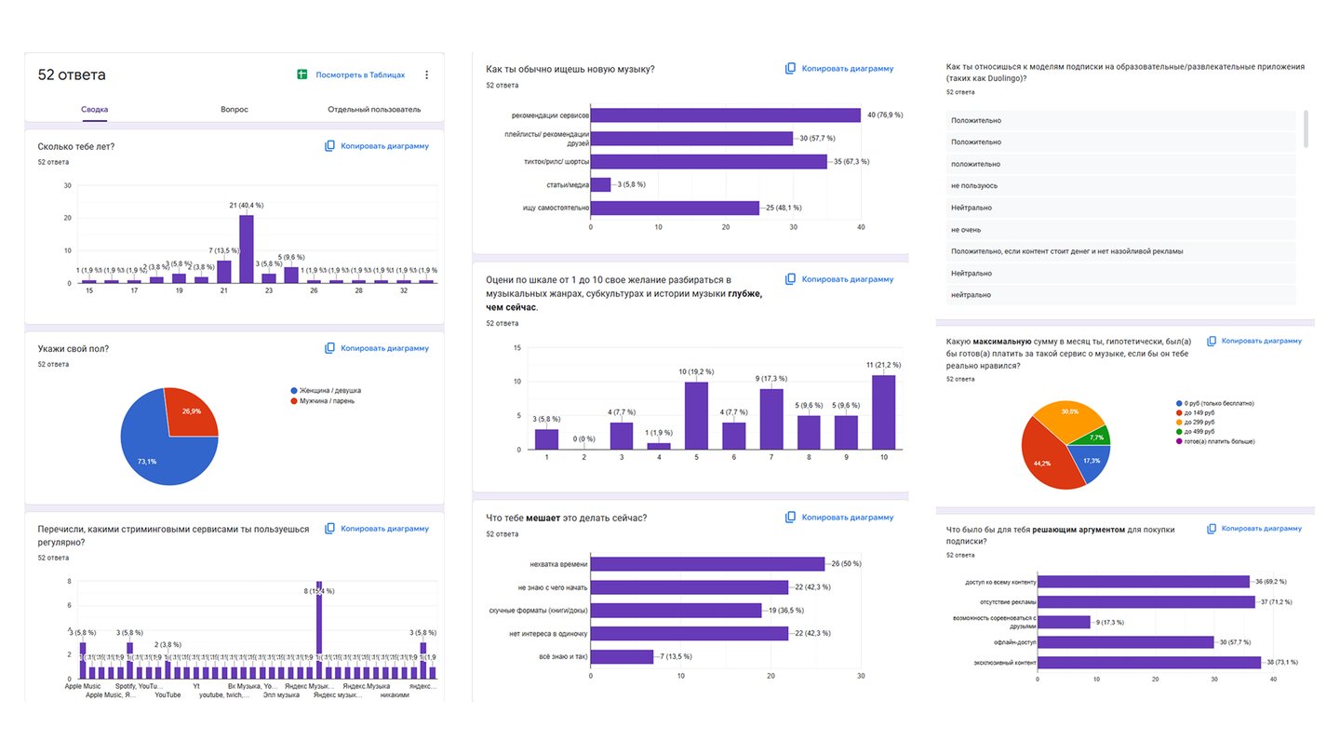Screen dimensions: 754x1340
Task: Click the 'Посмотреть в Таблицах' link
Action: point(359,74)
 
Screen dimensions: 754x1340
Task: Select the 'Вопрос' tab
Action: point(234,109)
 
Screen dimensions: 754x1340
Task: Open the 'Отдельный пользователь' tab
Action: point(374,109)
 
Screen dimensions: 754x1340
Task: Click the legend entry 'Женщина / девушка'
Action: point(330,390)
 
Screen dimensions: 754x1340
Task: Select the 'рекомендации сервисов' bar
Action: point(725,115)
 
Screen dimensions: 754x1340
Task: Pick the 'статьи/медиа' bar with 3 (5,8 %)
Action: point(601,184)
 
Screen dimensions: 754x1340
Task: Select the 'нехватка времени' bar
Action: point(707,564)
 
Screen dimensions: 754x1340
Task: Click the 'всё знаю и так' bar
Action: point(622,656)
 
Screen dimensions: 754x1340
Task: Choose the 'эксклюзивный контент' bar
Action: point(1149,662)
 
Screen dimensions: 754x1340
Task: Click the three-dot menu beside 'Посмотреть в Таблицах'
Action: point(427,74)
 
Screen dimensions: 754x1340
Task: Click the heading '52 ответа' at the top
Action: point(72,74)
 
